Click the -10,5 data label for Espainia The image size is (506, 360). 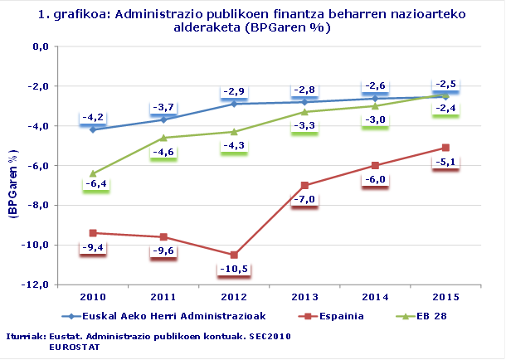(233, 269)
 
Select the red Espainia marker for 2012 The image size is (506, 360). (234, 255)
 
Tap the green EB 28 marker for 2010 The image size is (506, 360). (92, 173)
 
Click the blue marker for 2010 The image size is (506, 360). (92, 129)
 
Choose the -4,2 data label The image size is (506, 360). (92, 117)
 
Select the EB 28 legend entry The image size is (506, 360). (431, 315)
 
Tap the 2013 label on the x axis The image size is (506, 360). (304, 295)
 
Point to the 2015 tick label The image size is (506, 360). (446, 295)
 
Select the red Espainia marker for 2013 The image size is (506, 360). (304, 185)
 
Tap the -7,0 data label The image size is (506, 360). (304, 199)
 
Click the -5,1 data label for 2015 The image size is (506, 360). (446, 162)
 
